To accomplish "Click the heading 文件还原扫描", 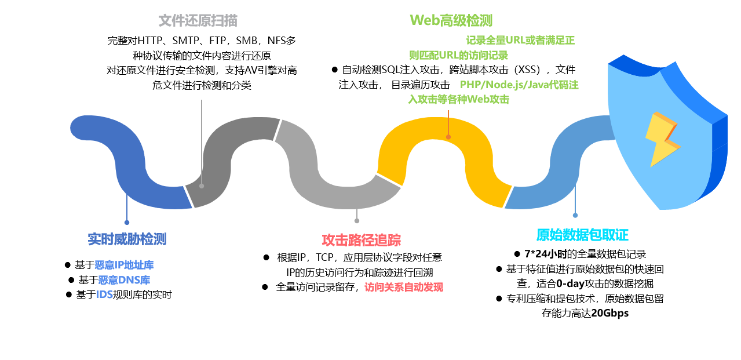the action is pyautogui.click(x=198, y=20).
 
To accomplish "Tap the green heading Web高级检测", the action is pyautogui.click(x=451, y=20).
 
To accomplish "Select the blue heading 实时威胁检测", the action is pyautogui.click(x=127, y=239).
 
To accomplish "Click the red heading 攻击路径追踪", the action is pyautogui.click(x=362, y=240).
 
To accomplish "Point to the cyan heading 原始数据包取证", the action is pyautogui.click(x=582, y=235).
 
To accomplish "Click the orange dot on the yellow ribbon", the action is pyautogui.click(x=448, y=137).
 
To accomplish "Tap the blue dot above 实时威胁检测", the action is pyautogui.click(x=127, y=223).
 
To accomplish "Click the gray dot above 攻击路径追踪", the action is pyautogui.click(x=357, y=221).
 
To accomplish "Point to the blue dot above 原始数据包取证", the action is pyautogui.click(x=575, y=216).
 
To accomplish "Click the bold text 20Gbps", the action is pyautogui.click(x=609, y=313).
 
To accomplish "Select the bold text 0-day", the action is pyautogui.click(x=570, y=283).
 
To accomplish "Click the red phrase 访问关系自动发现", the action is pyautogui.click(x=404, y=287).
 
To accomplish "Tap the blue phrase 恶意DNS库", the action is pyautogui.click(x=124, y=280).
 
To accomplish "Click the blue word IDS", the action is pyautogui.click(x=104, y=294).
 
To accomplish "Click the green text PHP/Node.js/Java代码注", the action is pyautogui.click(x=519, y=85).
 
